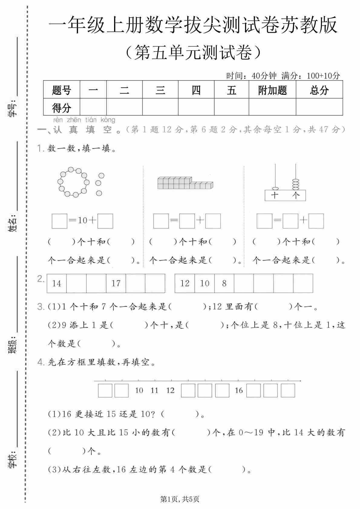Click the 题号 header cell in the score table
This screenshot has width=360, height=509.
click(x=61, y=90)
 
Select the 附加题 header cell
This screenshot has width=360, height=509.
click(x=272, y=90)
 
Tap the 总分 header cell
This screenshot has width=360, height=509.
click(x=319, y=90)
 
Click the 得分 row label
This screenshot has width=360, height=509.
click(x=61, y=107)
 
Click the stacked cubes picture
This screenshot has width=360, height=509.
click(x=185, y=183)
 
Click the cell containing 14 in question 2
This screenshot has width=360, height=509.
click(x=57, y=284)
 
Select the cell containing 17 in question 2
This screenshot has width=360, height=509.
click(x=116, y=284)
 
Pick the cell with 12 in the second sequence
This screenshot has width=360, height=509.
click(x=185, y=284)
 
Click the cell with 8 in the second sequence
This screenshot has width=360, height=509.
click(x=224, y=284)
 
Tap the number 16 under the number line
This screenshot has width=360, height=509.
click(x=239, y=390)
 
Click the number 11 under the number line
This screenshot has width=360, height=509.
click(x=155, y=390)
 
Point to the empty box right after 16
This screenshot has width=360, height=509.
click(x=253, y=390)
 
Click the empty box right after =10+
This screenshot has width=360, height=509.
click(x=105, y=221)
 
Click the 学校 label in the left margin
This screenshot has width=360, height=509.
click(x=12, y=459)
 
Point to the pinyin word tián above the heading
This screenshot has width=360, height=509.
click(x=91, y=120)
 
